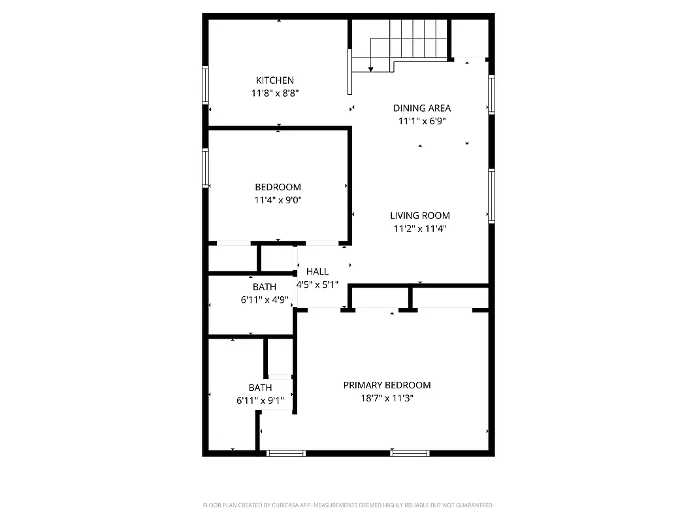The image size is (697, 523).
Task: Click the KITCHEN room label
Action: [274, 80]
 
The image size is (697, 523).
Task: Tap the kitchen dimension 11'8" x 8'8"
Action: [274, 93]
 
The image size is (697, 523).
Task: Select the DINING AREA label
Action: [422, 108]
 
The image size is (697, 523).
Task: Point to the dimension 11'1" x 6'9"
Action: [422, 121]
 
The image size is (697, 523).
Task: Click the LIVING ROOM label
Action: [420, 216]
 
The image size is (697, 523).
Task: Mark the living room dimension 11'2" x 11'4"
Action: [420, 229]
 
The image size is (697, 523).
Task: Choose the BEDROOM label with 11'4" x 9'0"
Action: [278, 188]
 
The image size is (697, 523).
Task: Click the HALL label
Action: [317, 271]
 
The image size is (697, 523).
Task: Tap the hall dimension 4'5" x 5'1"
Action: [317, 284]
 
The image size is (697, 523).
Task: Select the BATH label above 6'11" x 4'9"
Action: [265, 287]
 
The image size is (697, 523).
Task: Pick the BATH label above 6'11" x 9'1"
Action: [260, 388]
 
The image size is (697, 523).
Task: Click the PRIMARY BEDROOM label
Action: [387, 385]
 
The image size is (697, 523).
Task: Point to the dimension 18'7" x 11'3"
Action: [387, 397]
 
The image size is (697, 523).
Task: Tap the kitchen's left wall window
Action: [205, 86]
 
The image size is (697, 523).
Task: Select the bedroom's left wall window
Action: [205, 168]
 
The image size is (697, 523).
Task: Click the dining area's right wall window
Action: [491, 95]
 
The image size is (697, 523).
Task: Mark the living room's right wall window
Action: [491, 196]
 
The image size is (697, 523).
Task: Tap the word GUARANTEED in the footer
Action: [475, 505]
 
